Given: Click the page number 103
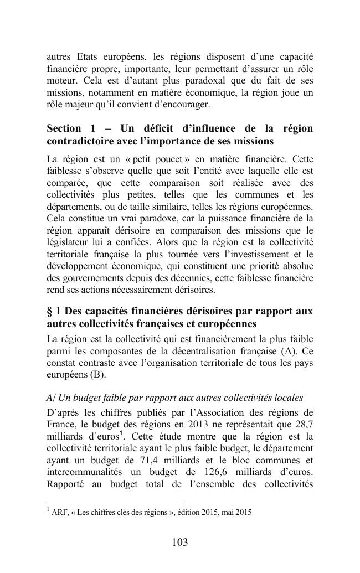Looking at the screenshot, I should click(x=180, y=543).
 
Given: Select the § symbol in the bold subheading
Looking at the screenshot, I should click(x=50, y=311).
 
